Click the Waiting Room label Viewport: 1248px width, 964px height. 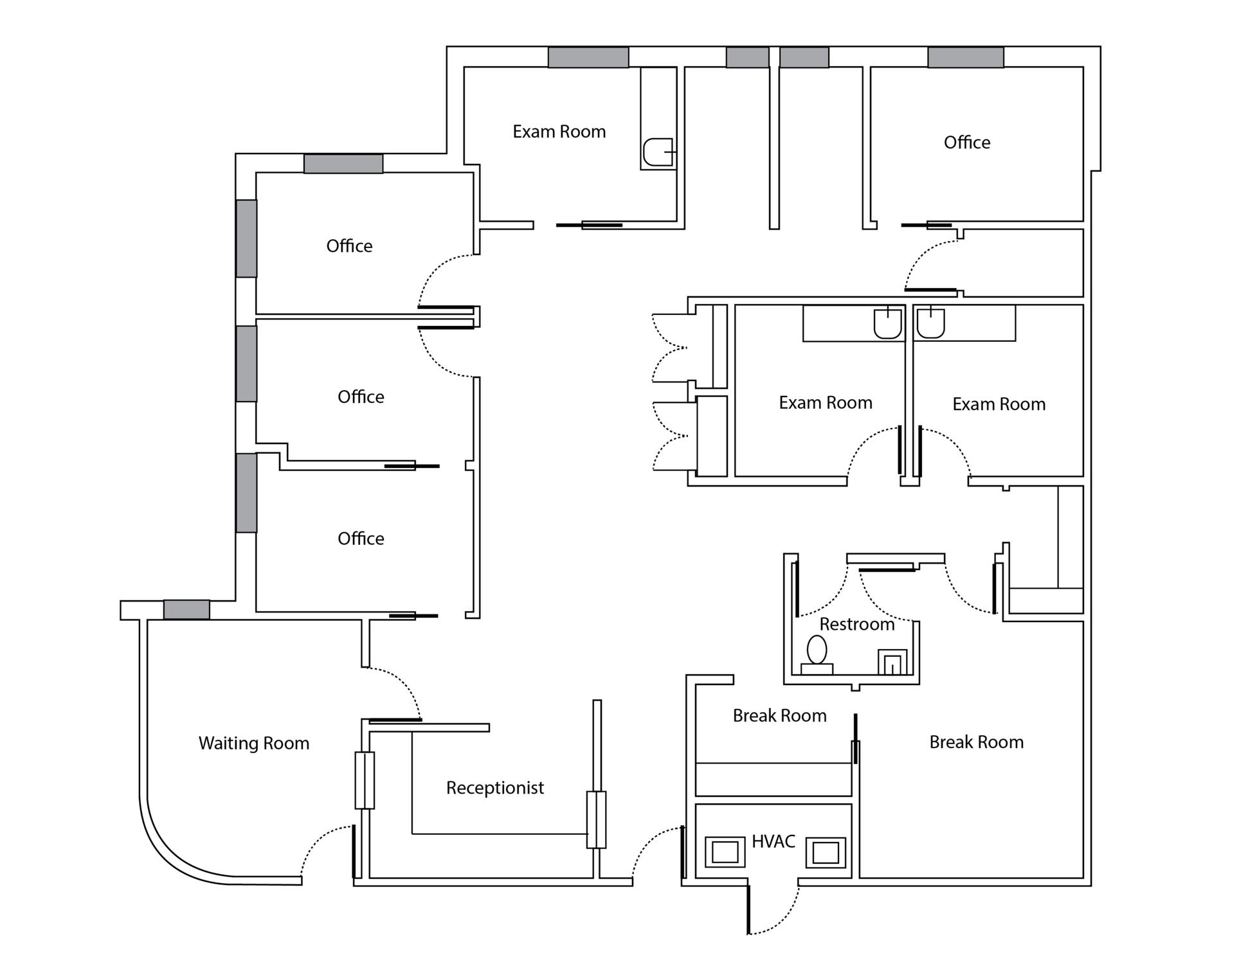(x=253, y=743)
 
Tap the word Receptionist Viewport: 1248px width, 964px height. (x=494, y=787)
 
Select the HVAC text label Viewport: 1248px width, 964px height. (x=773, y=841)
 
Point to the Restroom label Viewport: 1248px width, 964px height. (x=856, y=624)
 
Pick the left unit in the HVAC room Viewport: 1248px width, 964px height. (x=725, y=852)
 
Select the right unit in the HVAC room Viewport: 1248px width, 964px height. (x=826, y=852)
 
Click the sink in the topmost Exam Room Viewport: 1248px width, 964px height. (x=658, y=152)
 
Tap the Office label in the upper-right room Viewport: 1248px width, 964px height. (x=966, y=142)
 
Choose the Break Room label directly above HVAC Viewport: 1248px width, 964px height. (x=779, y=715)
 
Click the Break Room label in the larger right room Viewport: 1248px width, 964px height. (x=976, y=742)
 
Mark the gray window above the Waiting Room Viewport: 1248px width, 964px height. (x=186, y=609)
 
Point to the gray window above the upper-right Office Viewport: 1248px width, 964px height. (x=965, y=57)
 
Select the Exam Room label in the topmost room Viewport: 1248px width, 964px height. (x=559, y=131)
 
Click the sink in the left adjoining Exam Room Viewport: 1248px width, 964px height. (x=887, y=323)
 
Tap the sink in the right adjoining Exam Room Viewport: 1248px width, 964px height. (x=930, y=323)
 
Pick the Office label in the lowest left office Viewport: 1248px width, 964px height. (x=361, y=538)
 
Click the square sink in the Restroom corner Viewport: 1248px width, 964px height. (x=892, y=662)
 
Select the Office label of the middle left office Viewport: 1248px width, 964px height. (x=361, y=397)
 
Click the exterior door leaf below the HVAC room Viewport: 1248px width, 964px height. (x=748, y=909)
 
